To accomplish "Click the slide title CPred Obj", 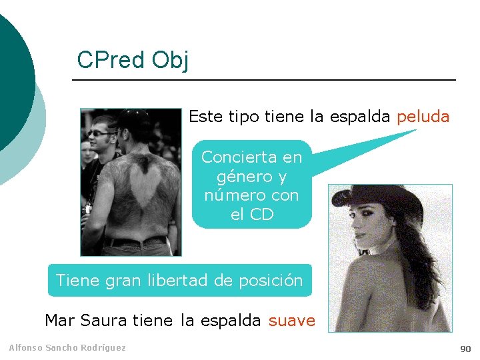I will click(x=133, y=60).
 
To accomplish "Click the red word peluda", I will click(x=423, y=117).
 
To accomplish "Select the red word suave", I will click(x=291, y=321).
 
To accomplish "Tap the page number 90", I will click(x=465, y=349).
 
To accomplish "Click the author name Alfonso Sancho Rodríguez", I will click(x=67, y=347).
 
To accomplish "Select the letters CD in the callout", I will click(x=261, y=215).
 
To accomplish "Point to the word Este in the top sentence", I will click(x=205, y=117).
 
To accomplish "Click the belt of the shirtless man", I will click(x=137, y=240).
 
